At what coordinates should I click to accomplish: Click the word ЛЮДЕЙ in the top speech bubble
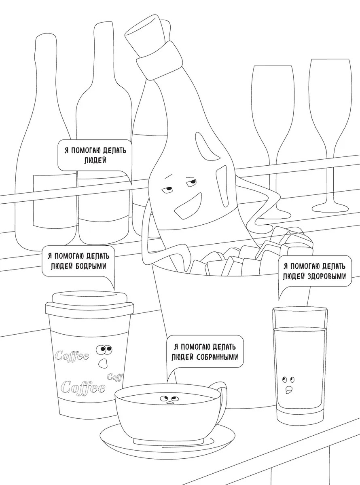[x=95, y=161]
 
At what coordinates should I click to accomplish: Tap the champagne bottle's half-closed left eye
[x=168, y=189]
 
